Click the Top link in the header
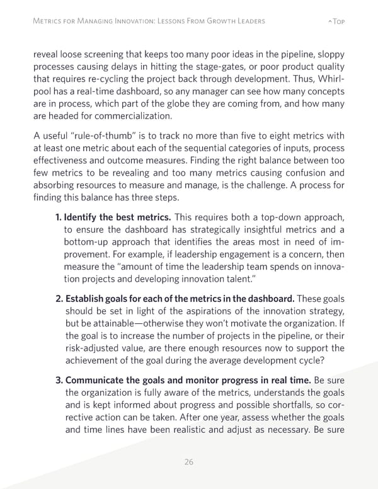click(336, 21)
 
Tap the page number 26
click(188, 462)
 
